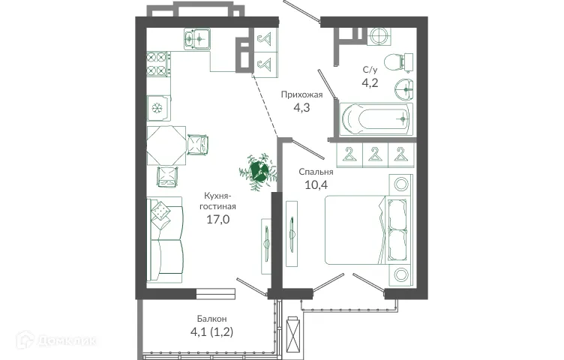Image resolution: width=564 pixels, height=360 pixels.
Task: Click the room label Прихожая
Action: pos(301,94)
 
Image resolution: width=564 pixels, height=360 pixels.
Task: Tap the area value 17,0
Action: pos(218,220)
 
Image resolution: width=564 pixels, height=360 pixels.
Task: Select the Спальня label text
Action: pos(316,171)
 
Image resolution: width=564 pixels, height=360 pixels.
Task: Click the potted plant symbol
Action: pos(257,169)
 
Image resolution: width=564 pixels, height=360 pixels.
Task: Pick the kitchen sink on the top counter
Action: pos(199,37)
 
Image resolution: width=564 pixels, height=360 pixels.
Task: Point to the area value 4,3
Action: pos(301,108)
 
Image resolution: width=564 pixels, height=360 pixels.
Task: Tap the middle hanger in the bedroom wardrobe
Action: pos(373,154)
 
